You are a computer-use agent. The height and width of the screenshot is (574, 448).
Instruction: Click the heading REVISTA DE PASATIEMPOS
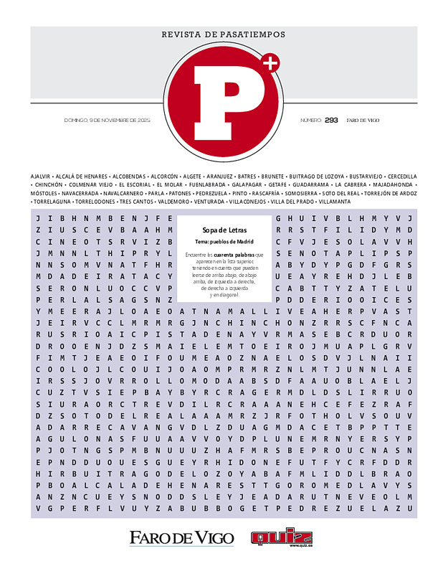pyautogui.click(x=224, y=34)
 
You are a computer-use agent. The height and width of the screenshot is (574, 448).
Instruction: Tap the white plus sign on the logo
pyautogui.click(x=270, y=64)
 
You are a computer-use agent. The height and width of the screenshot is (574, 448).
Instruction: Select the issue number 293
pyautogui.click(x=331, y=120)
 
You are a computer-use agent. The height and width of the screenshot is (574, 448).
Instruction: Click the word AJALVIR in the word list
pyautogui.click(x=40, y=176)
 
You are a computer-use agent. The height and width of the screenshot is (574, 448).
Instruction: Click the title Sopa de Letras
pyautogui.click(x=224, y=230)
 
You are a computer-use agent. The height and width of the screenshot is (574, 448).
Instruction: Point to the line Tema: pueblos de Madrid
pyautogui.click(x=224, y=241)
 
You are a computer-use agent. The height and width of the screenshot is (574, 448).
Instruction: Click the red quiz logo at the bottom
pyautogui.click(x=281, y=537)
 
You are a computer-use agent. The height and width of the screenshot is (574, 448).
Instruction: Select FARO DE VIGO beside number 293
pyautogui.click(x=363, y=120)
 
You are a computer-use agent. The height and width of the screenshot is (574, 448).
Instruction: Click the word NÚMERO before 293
pyautogui.click(x=310, y=120)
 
